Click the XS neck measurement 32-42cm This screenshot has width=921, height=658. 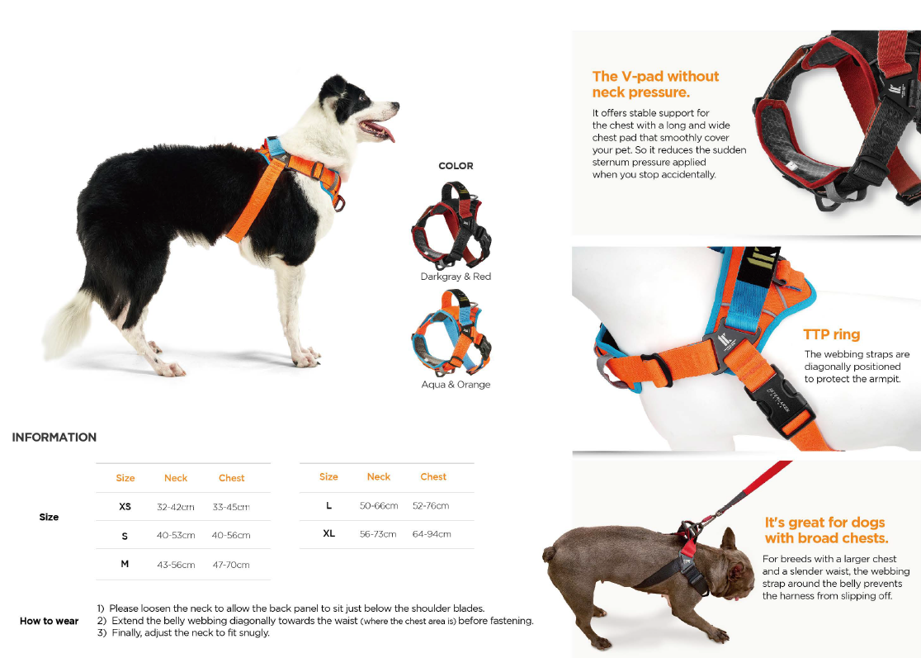(x=176, y=506)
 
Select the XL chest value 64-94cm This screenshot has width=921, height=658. (x=432, y=534)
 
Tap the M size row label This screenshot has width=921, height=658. (x=125, y=564)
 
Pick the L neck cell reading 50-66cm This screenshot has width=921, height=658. (x=379, y=505)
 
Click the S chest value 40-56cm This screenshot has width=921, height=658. (x=231, y=535)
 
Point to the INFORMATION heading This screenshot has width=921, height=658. (x=54, y=437)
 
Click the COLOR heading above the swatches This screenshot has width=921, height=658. (x=456, y=166)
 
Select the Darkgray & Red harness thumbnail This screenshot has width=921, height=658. (x=451, y=225)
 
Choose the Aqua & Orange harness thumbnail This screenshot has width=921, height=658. (x=451, y=333)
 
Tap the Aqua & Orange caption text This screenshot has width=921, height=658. (x=456, y=384)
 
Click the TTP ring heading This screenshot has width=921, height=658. (x=831, y=335)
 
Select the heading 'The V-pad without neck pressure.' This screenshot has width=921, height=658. (x=655, y=84)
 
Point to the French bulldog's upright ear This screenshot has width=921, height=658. (x=729, y=539)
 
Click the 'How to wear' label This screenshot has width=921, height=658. (x=50, y=621)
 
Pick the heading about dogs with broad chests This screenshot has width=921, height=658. (x=826, y=530)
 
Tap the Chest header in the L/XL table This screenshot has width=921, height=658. (x=433, y=476)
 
